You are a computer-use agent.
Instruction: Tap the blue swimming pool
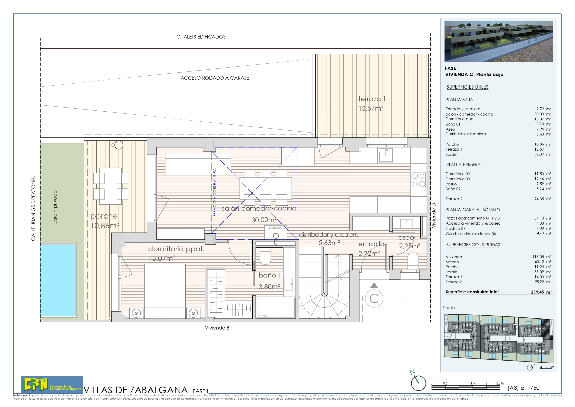point(58,280)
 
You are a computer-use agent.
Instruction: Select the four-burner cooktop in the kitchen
point(419,180)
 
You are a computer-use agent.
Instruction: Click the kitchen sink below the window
point(386,155)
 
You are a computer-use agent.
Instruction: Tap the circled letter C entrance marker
point(374,298)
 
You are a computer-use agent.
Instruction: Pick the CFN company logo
point(52,384)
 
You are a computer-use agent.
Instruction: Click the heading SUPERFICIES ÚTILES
point(467,87)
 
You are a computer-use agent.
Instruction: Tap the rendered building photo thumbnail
point(498,41)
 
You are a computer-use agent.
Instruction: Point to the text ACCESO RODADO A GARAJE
point(215,78)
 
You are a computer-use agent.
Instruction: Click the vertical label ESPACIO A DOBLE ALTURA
point(215,192)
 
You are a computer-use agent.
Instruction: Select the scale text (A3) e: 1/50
point(523,388)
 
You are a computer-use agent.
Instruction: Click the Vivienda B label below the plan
point(217,328)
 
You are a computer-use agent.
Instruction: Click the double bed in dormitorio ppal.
point(165,291)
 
